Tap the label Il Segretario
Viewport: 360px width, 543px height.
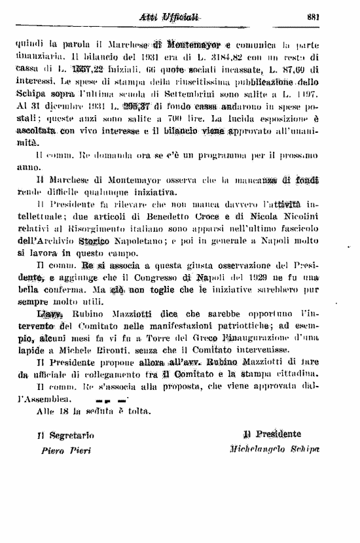click(x=65, y=434)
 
